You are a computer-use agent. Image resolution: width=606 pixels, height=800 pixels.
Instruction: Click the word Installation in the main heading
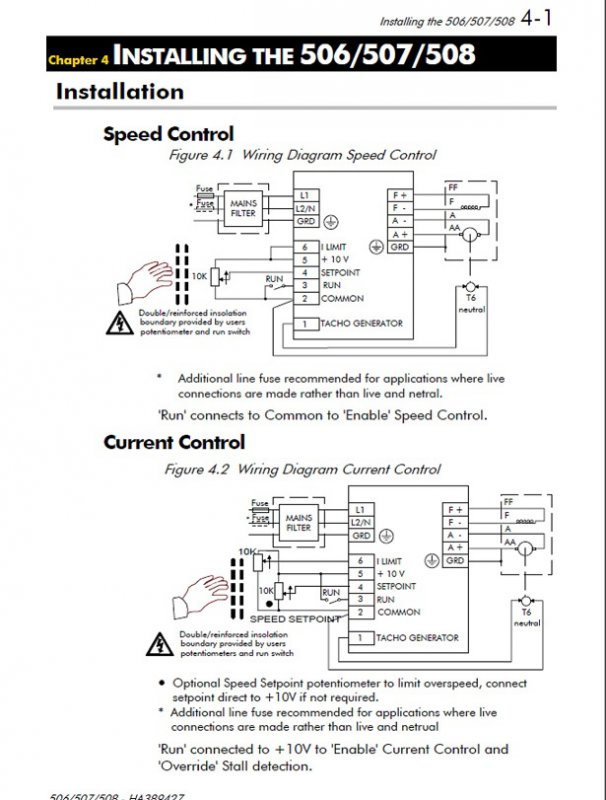(x=120, y=92)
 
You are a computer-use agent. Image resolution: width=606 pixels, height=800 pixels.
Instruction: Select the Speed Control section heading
(x=168, y=134)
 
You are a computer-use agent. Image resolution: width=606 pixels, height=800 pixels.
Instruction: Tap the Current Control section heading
(x=174, y=442)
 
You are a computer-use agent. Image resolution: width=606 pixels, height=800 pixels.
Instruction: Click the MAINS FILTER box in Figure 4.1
(x=243, y=208)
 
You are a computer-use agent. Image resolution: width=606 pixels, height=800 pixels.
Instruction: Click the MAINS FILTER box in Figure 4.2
(x=298, y=522)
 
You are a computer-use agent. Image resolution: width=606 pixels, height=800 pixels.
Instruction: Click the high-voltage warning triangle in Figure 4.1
(x=117, y=322)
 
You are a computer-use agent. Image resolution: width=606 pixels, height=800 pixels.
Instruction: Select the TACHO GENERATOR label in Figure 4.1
(x=361, y=323)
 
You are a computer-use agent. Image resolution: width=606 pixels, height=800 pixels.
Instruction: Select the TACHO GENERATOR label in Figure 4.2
(x=417, y=637)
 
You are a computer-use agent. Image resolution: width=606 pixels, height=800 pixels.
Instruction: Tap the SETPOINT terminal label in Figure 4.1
(x=342, y=272)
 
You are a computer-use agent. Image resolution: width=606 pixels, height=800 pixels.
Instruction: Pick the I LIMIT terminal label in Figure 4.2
(x=395, y=561)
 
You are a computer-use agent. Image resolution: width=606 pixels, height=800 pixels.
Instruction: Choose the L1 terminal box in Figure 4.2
(x=360, y=509)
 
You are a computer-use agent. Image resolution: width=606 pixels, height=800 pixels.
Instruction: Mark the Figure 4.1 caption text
(x=302, y=156)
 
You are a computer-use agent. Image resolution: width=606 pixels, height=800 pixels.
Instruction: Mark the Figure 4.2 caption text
(x=302, y=469)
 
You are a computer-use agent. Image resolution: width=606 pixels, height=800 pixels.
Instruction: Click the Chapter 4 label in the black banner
(x=78, y=60)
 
